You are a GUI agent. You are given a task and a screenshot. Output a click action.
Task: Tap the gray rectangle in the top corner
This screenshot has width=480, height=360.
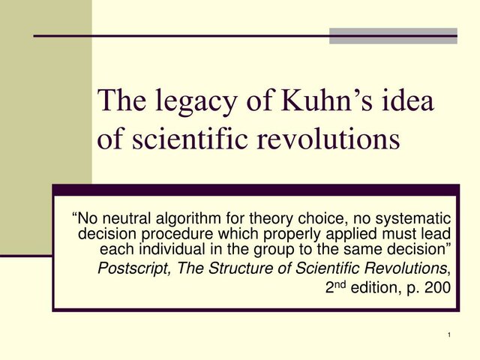point(393,36)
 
